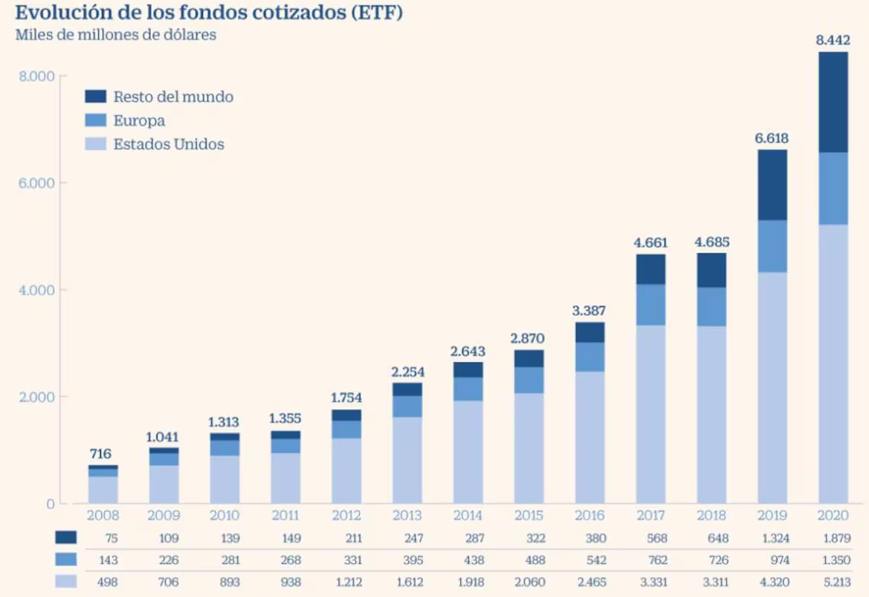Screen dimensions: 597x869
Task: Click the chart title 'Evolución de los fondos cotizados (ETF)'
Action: coord(209,13)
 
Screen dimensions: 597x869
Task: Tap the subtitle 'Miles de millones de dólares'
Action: coord(115,35)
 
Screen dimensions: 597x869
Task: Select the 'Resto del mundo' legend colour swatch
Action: coord(96,97)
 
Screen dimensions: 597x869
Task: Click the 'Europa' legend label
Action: coord(139,120)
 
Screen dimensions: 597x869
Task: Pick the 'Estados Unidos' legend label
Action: coord(169,144)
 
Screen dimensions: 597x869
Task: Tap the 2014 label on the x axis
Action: coord(468,515)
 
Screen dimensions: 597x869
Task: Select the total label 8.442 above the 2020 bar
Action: coord(833,40)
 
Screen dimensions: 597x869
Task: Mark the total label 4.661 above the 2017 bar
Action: coord(650,242)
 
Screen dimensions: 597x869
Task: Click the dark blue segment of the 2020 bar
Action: coord(833,103)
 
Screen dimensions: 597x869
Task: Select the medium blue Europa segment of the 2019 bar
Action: coord(772,246)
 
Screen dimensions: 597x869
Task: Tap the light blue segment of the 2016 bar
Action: coord(589,437)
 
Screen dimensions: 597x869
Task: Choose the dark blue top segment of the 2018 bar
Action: coord(711,270)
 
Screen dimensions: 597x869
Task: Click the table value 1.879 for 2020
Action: coord(833,538)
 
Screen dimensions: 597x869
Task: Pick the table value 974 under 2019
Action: coord(773,560)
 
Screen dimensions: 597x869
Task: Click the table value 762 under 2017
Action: coord(651,560)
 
